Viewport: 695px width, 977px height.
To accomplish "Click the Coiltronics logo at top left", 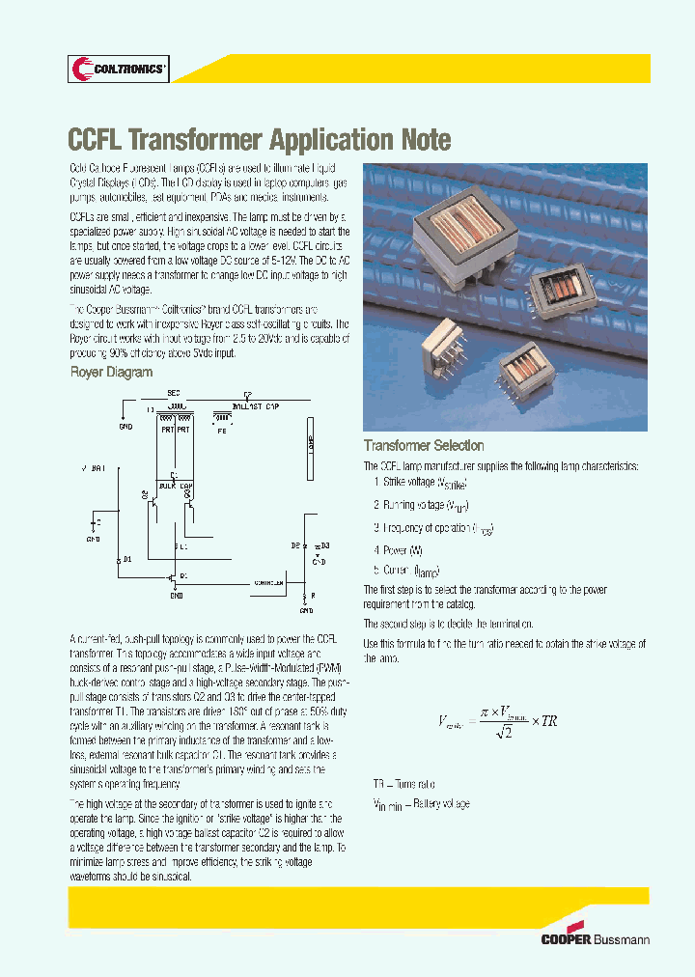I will click(x=119, y=69).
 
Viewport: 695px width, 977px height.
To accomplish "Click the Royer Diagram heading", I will click(x=111, y=372).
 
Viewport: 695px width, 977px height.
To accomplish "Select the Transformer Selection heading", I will click(x=424, y=446).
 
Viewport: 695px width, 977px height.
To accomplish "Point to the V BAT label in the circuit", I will click(x=94, y=467).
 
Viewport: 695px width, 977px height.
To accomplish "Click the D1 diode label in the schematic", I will click(x=127, y=560).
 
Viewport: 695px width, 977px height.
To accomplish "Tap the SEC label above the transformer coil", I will click(x=174, y=393).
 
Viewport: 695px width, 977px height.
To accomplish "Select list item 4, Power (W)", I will click(x=398, y=550).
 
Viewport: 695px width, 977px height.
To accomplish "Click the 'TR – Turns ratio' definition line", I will click(x=403, y=785).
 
